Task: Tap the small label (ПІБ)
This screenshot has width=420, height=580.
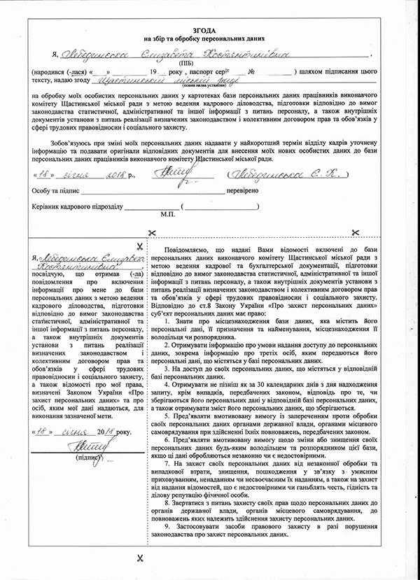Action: [209, 62]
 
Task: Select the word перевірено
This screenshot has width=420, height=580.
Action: [241, 190]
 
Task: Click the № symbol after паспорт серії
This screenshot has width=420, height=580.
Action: [250, 72]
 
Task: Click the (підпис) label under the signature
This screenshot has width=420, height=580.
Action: [90, 456]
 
